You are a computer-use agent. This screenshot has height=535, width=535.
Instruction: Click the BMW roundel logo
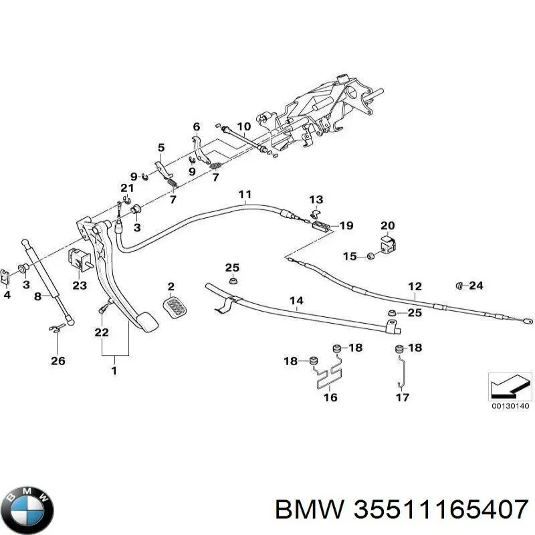click(x=30, y=510)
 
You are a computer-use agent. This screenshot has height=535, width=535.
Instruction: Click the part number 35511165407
click(x=441, y=510)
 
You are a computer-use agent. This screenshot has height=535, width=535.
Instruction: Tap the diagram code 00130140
click(x=510, y=406)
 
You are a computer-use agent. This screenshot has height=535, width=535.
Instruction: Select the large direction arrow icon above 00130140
click(x=510, y=386)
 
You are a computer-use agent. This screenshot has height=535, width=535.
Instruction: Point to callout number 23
click(x=80, y=285)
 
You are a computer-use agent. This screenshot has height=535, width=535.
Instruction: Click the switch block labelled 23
click(x=80, y=259)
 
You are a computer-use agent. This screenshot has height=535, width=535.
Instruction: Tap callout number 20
click(x=388, y=225)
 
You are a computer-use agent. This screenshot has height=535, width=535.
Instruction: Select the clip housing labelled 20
click(x=388, y=244)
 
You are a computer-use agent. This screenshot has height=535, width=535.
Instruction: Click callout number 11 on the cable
click(x=245, y=194)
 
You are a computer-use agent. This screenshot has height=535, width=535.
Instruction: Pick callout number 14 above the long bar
click(x=296, y=300)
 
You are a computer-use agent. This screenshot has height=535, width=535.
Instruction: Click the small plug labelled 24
click(x=459, y=286)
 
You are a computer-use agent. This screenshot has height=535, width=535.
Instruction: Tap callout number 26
click(x=58, y=360)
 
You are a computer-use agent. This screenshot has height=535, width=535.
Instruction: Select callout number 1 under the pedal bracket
click(x=114, y=370)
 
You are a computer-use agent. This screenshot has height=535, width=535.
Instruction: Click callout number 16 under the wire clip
click(x=330, y=397)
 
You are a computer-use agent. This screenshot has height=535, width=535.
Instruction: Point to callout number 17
click(x=403, y=397)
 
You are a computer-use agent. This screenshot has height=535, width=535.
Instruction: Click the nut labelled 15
click(x=370, y=256)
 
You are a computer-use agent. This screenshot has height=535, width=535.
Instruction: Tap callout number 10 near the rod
click(x=243, y=126)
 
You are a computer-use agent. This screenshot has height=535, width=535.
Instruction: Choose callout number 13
click(x=316, y=199)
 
